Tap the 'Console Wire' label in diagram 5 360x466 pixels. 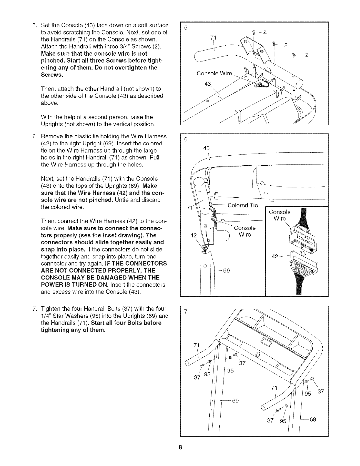(214, 73)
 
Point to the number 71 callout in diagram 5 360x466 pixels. (214, 37)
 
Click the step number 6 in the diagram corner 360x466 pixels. (186, 140)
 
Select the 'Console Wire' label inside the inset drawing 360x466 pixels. (280, 215)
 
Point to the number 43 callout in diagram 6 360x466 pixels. (207, 149)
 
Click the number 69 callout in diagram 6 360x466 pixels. (226, 271)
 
